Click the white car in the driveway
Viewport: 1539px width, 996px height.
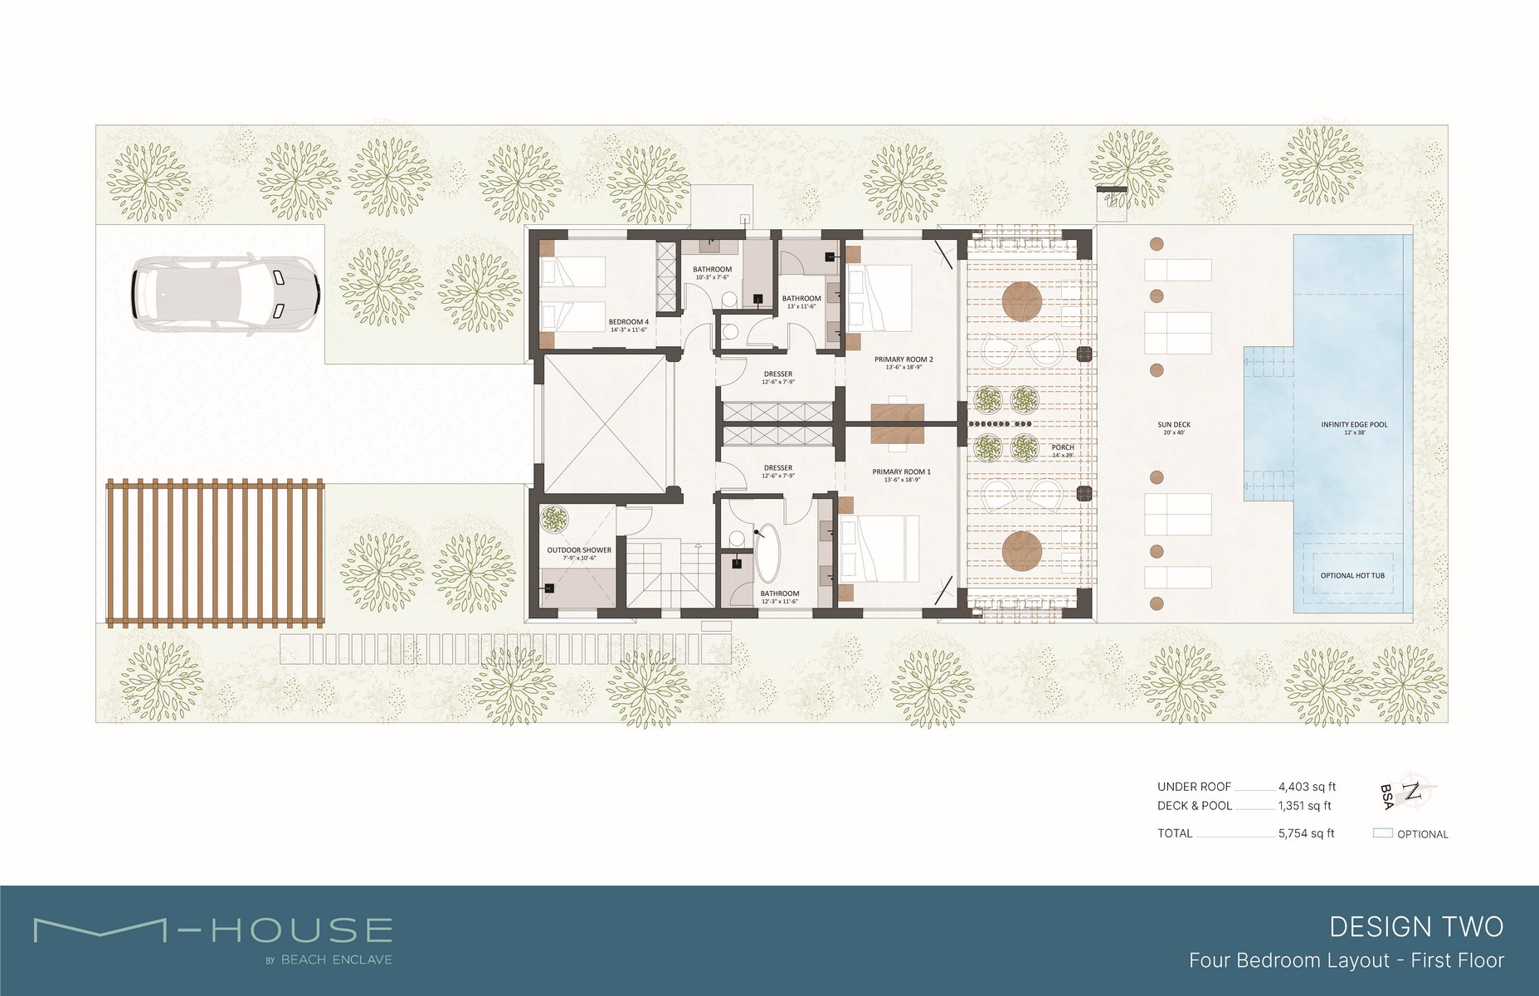[x=224, y=295]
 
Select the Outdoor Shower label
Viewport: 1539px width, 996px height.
[x=578, y=550]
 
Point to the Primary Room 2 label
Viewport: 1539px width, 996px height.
[x=903, y=359]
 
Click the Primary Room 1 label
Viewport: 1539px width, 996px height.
[x=901, y=471]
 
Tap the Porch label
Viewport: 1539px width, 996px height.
[x=1063, y=447]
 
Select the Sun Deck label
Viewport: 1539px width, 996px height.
[x=1174, y=425]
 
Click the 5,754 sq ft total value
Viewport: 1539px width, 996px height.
[x=1306, y=833]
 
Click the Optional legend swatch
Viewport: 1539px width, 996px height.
[x=1382, y=833]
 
